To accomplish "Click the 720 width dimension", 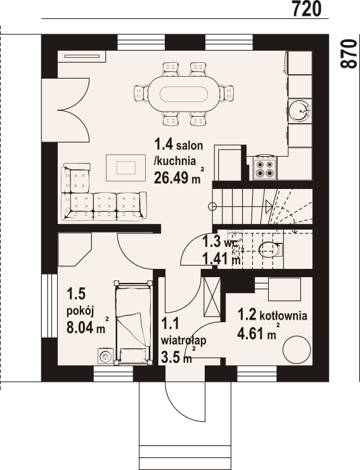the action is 306,8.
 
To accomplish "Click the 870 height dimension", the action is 349,54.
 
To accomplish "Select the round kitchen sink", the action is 300,111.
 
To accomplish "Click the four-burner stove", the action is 265,168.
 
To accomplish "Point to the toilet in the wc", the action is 270,250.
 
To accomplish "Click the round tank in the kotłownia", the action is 297,349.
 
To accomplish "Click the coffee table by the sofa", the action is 125,167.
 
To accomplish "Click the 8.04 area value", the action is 80,327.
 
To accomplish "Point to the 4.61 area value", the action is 252,333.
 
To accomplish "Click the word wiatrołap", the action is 183,341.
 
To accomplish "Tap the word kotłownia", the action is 283,316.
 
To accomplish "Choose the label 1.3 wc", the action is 221,242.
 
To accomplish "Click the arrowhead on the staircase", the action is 269,206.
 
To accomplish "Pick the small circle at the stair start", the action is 212,206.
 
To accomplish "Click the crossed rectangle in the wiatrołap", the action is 212,297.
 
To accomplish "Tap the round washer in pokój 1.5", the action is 105,356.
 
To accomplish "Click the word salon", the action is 190,146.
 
